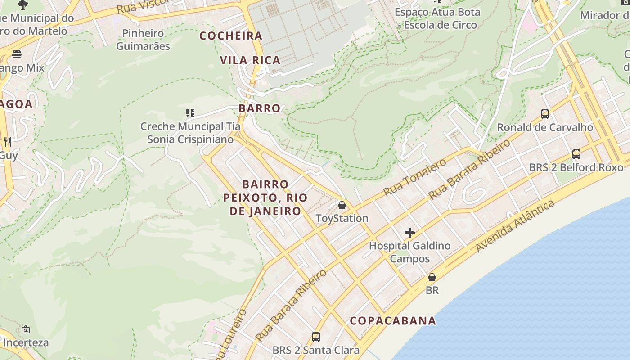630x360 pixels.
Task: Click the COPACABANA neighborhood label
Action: pos(393,321)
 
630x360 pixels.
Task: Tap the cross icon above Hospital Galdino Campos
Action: pos(409,233)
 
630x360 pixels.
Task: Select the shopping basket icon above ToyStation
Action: pos(342,206)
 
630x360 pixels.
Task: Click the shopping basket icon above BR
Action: pos(432,277)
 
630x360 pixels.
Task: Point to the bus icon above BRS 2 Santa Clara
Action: pos(316,337)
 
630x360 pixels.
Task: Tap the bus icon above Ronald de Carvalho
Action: pos(545,114)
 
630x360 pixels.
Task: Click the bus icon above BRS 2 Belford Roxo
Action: pos(576,154)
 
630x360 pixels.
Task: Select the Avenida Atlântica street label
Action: pos(515,226)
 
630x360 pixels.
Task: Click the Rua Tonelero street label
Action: pos(414,177)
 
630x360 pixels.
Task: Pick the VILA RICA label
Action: pos(250,60)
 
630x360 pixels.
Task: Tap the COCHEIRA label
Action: pos(231,36)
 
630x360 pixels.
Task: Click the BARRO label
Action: pos(260,108)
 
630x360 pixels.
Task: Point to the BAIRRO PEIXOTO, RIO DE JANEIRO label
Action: pos(265,198)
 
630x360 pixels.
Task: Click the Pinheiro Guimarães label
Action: pos(143,40)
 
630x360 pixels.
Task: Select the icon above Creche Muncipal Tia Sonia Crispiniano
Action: pos(190,112)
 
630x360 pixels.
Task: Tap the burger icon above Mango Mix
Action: pos(17,55)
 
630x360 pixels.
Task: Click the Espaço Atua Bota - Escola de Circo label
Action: pos(437,18)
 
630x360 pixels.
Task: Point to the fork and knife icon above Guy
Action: pos(7,142)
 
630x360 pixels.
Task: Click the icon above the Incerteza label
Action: pos(26,329)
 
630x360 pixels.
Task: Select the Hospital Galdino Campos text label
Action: pos(409,252)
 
